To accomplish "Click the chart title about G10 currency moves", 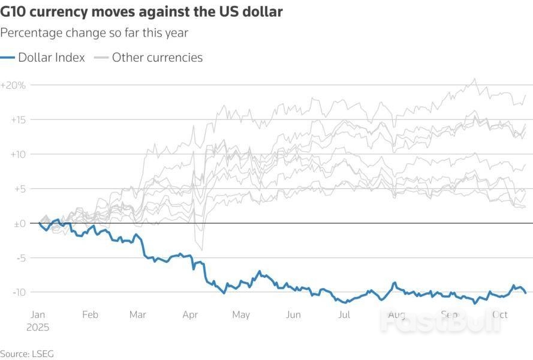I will [x=141, y=11].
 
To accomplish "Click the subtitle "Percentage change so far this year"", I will [x=94, y=32].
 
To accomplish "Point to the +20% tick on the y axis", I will [x=13, y=85].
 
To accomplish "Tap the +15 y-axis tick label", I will [x=18, y=120].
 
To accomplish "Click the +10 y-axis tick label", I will [x=18, y=154].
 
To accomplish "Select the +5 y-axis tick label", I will [x=20, y=189].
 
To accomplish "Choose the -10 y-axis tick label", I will [x=19, y=292].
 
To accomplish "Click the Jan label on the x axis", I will [x=37, y=314].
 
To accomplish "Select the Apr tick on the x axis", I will [x=190, y=314].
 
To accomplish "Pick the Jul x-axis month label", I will [x=344, y=314].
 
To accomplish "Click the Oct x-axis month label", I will [x=499, y=314].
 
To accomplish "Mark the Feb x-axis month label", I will [x=89, y=314].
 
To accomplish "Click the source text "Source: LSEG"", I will [x=27, y=354].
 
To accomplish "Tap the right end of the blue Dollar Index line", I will [x=526, y=293].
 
